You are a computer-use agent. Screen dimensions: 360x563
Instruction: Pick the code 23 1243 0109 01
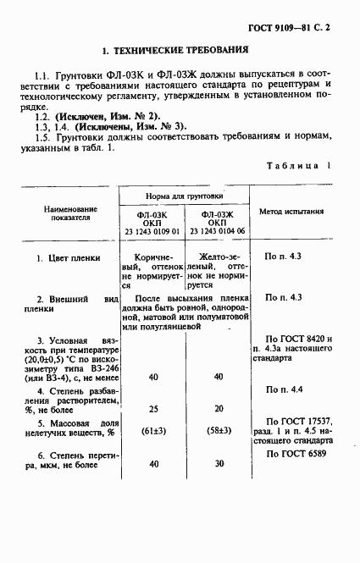coord(152,231)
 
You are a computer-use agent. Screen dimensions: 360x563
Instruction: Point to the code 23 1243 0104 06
coord(217,231)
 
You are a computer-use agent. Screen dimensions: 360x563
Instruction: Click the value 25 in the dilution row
coord(154,408)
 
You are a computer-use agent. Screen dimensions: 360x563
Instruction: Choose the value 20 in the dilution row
coord(219,408)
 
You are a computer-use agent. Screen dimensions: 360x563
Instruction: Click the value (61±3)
coord(154,430)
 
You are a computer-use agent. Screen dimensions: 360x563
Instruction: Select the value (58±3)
coord(219,430)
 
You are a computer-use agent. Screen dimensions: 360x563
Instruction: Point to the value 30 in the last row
coord(219,464)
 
